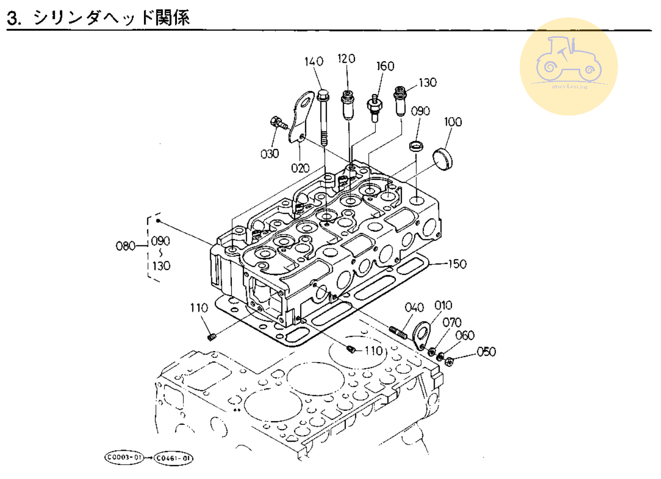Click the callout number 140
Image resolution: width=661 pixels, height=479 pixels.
(314, 61)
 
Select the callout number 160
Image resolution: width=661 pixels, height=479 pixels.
(385, 66)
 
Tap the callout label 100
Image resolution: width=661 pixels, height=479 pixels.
(453, 121)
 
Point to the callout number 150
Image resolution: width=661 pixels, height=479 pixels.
(457, 264)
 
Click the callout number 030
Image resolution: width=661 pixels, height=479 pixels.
(270, 154)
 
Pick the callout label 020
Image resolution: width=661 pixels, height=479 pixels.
(300, 168)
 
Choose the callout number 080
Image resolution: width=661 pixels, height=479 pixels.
(125, 246)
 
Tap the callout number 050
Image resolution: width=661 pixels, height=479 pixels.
(486, 352)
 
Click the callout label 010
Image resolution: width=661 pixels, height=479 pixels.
(443, 305)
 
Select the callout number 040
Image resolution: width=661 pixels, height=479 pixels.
(414, 307)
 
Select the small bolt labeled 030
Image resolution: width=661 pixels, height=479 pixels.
(278, 122)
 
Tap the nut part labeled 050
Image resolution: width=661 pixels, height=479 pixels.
(448, 361)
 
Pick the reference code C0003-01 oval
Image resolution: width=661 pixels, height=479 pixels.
(124, 457)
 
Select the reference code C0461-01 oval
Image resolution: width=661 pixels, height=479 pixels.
(173, 458)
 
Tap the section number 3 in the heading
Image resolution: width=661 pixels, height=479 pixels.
(14, 18)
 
